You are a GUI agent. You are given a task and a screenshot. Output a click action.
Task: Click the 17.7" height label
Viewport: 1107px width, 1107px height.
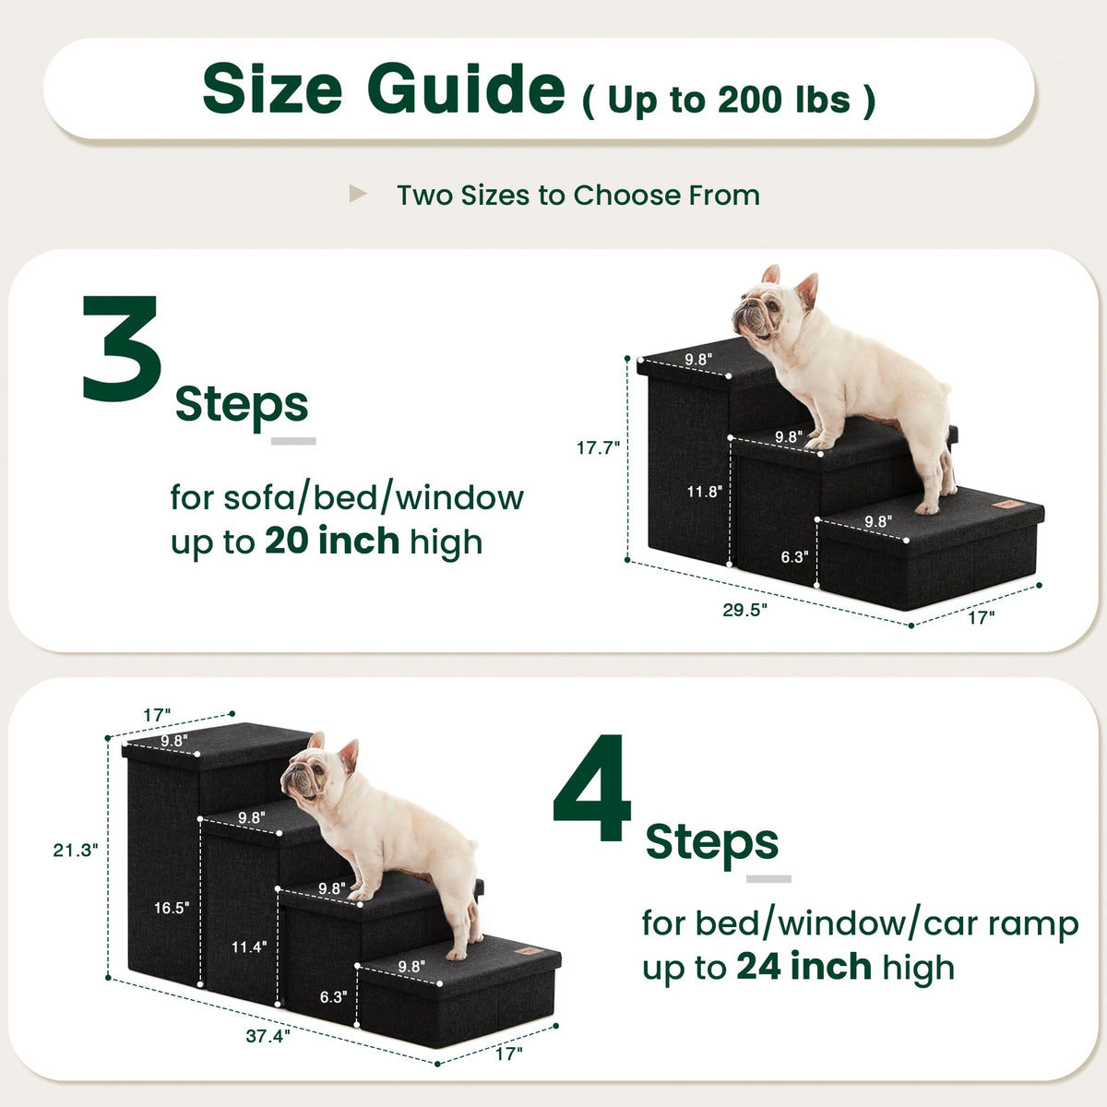coord(598,447)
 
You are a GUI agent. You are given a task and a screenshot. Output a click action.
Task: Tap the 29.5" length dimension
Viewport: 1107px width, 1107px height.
coord(744,610)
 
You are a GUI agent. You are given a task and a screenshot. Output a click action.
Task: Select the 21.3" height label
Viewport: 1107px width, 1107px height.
coord(76,850)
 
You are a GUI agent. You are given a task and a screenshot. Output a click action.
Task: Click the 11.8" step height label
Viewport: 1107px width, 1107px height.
coord(704,491)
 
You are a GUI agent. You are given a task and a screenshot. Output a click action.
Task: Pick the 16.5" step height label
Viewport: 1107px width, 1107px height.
coord(172,908)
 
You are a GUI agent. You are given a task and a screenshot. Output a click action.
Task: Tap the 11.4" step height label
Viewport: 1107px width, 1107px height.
coord(249,946)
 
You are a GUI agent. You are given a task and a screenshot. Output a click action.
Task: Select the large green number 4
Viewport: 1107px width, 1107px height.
coord(591,787)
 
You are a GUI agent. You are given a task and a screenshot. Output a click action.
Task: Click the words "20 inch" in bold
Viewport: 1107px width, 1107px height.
coord(332,541)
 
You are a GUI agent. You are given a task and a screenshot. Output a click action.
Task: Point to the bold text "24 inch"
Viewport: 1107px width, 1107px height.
coord(804,966)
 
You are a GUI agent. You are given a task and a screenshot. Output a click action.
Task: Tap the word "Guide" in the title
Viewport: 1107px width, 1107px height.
coord(466,89)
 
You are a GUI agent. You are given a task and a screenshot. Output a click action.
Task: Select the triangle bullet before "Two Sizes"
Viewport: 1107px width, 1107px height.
coord(357,194)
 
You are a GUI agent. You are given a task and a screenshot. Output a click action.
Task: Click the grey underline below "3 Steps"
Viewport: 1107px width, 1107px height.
coord(293,441)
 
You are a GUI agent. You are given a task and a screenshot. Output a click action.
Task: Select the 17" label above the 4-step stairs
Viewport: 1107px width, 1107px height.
coord(157,715)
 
